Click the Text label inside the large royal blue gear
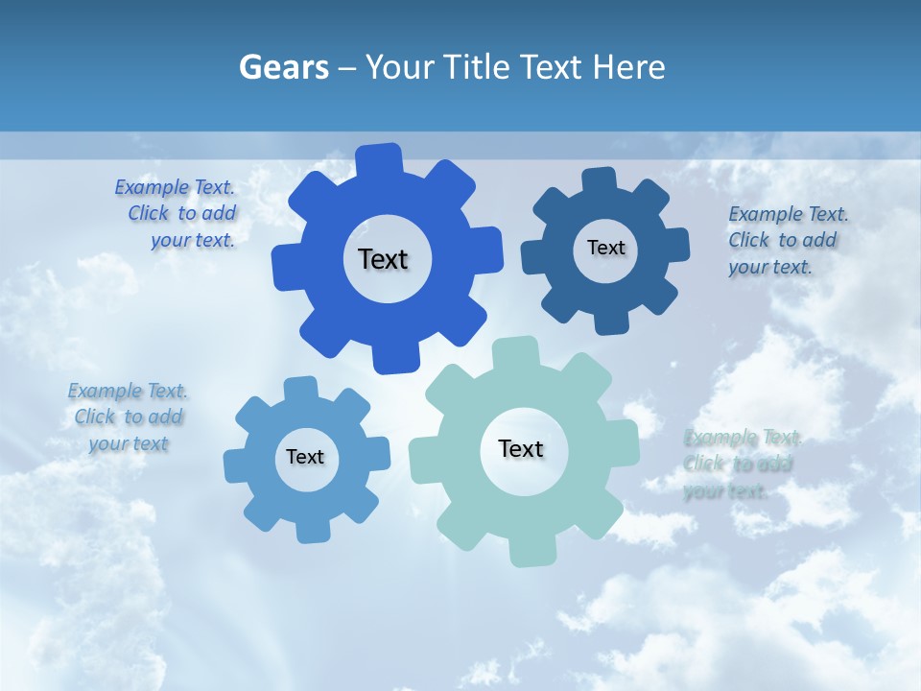pyautogui.click(x=383, y=259)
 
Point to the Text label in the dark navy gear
pyautogui.click(x=605, y=248)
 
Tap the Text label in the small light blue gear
pyautogui.click(x=305, y=457)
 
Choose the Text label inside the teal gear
pyautogui.click(x=521, y=448)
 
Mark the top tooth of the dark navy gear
pyautogui.click(x=600, y=180)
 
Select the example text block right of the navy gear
pyautogui.click(x=786, y=240)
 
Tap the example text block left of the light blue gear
pyautogui.click(x=129, y=417)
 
